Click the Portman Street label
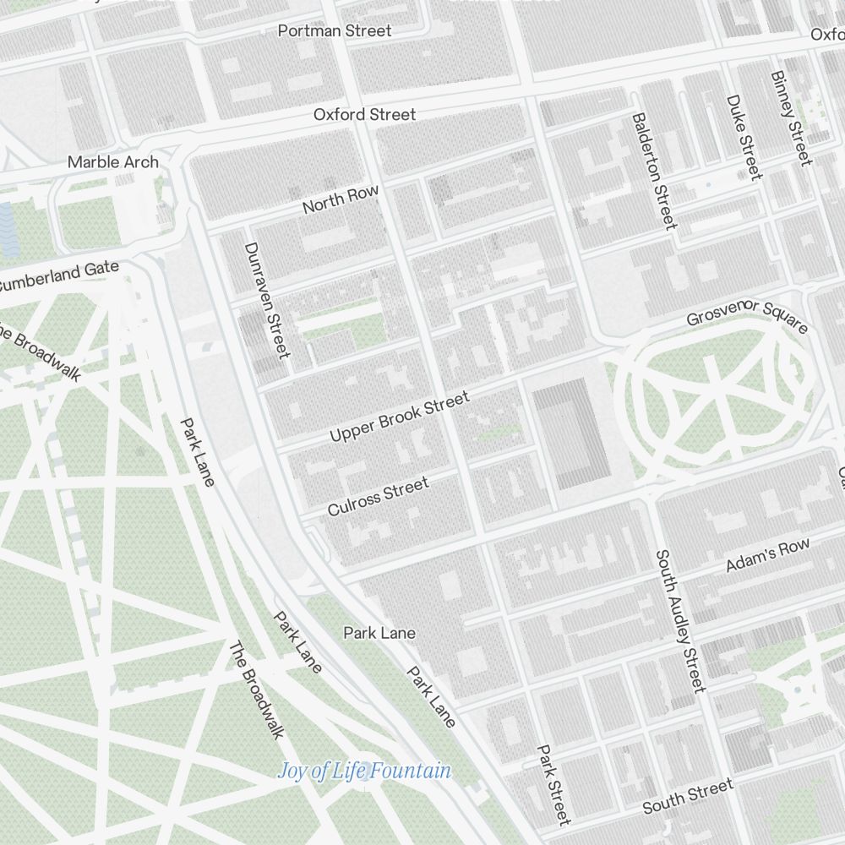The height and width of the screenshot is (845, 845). click(x=335, y=30)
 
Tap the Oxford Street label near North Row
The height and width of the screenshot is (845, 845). click(x=364, y=114)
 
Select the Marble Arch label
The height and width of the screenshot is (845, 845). click(x=112, y=161)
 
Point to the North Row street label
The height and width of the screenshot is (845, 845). click(x=341, y=199)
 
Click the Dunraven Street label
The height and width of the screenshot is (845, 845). click(x=267, y=299)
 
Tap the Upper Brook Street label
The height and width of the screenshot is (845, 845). click(x=399, y=417)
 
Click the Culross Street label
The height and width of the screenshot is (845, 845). click(x=378, y=496)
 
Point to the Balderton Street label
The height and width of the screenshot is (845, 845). click(x=654, y=172)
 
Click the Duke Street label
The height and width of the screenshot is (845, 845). click(x=744, y=137)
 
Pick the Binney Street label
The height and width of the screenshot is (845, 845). click(x=791, y=117)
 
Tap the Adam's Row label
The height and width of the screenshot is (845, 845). click(x=767, y=555)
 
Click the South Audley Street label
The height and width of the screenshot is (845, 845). click(x=679, y=621)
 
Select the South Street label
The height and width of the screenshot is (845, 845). click(x=687, y=797)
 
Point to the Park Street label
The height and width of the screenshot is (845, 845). click(x=553, y=784)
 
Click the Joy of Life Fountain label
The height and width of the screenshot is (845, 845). click(x=364, y=771)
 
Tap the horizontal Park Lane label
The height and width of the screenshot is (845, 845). click(x=379, y=632)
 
